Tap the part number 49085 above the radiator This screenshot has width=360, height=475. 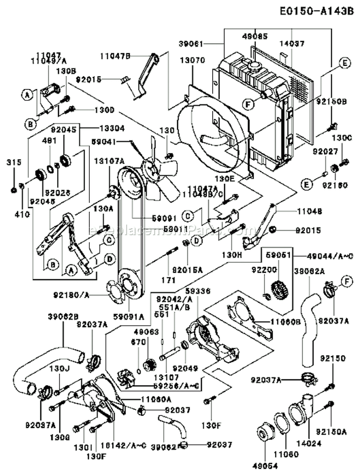(255, 37)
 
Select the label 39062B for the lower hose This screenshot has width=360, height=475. (63, 317)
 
